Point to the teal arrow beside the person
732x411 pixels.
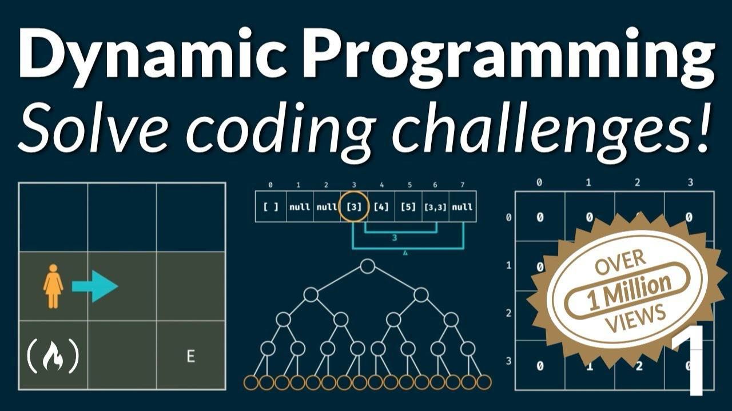(x=95, y=286)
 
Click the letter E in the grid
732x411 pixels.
(x=191, y=356)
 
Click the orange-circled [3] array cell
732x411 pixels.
(x=354, y=207)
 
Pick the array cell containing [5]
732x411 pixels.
(x=408, y=206)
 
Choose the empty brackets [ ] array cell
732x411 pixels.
(x=271, y=206)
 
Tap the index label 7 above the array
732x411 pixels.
(x=463, y=185)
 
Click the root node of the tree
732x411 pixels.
(x=367, y=266)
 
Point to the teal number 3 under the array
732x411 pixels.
(x=395, y=238)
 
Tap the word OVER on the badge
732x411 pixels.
(x=620, y=262)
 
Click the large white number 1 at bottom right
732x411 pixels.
(x=690, y=360)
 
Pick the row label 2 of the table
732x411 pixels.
(x=508, y=314)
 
